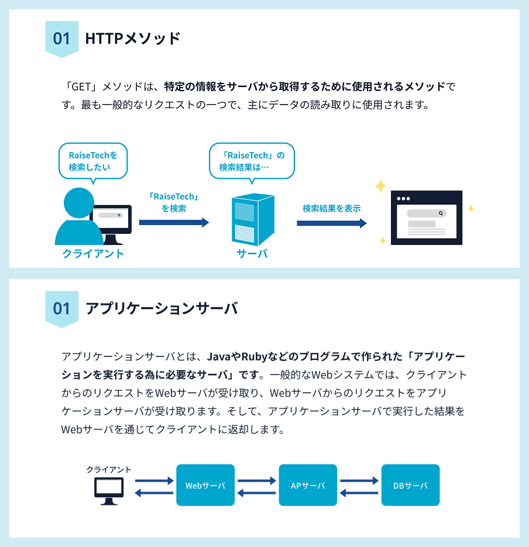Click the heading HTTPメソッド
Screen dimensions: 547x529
click(133, 39)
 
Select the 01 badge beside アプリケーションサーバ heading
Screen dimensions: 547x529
click(61, 308)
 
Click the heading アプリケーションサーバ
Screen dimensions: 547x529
click(162, 308)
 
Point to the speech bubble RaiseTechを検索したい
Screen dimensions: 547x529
click(93, 161)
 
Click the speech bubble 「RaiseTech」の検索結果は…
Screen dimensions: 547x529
click(252, 161)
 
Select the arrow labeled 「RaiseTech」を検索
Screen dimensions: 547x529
click(174, 222)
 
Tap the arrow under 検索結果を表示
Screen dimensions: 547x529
click(331, 223)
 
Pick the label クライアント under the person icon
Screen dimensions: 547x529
click(93, 254)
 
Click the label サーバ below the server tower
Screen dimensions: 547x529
click(252, 254)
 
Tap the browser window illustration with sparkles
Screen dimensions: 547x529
click(426, 217)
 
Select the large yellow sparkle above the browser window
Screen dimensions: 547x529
click(380, 186)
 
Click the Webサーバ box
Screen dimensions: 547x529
click(205, 485)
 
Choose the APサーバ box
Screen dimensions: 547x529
click(308, 485)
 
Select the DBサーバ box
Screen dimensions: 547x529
click(410, 485)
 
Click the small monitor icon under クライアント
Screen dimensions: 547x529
click(109, 490)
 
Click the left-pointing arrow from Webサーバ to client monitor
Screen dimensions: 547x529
click(154, 493)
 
